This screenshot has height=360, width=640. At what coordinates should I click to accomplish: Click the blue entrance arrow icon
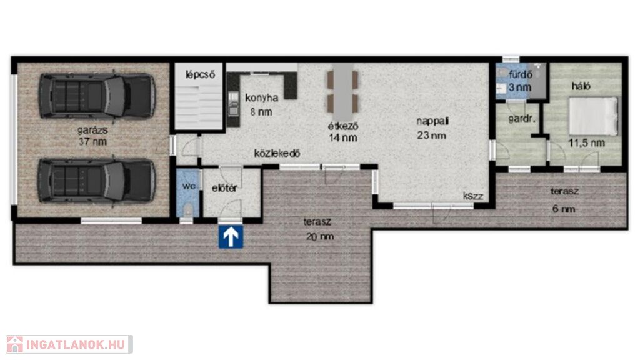click(x=231, y=237)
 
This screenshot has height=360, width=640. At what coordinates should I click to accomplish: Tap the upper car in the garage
click(x=97, y=96)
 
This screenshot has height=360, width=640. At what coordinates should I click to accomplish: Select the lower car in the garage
click(x=97, y=181)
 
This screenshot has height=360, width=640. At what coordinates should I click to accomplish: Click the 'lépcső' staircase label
click(x=200, y=75)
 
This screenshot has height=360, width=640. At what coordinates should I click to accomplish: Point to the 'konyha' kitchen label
click(x=262, y=98)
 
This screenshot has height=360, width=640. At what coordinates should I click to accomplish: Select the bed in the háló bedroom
click(x=594, y=116)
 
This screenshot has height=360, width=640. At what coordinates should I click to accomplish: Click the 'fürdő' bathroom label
click(x=521, y=75)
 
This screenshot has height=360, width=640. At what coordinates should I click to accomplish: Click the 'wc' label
click(x=189, y=186)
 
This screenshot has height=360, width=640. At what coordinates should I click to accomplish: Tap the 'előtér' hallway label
click(x=224, y=188)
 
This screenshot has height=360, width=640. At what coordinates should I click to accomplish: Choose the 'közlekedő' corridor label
click(x=277, y=153)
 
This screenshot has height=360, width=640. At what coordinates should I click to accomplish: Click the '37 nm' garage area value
click(x=92, y=142)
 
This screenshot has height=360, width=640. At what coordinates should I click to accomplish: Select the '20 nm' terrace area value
click(x=320, y=236)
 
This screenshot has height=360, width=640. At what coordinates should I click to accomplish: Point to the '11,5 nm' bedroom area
click(x=586, y=143)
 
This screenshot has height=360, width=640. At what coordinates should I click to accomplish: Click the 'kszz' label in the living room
click(x=473, y=196)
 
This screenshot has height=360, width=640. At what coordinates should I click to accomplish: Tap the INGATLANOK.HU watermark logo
click(x=69, y=344)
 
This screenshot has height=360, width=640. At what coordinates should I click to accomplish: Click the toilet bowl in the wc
click(x=187, y=210)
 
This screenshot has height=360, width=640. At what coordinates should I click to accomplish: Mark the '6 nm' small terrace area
click(x=564, y=209)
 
